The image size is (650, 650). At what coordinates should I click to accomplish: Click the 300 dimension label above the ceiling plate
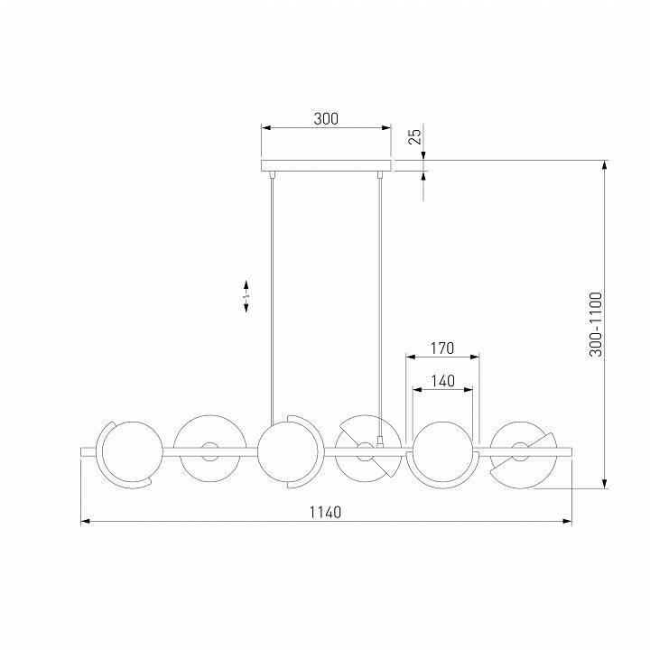click(x=326, y=118)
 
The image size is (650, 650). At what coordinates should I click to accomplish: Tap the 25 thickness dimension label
click(x=414, y=136)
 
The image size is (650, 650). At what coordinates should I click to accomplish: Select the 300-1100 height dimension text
click(x=596, y=325)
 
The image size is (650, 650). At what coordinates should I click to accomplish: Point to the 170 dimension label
click(x=442, y=348)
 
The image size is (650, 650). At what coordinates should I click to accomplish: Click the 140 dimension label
click(x=442, y=381)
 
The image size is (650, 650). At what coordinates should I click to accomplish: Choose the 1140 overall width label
click(x=325, y=513)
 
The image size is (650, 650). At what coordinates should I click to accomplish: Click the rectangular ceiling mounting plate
click(x=326, y=166)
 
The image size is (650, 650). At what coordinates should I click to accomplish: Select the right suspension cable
click(x=379, y=307)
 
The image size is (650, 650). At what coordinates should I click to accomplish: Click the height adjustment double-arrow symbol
click(x=246, y=296)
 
